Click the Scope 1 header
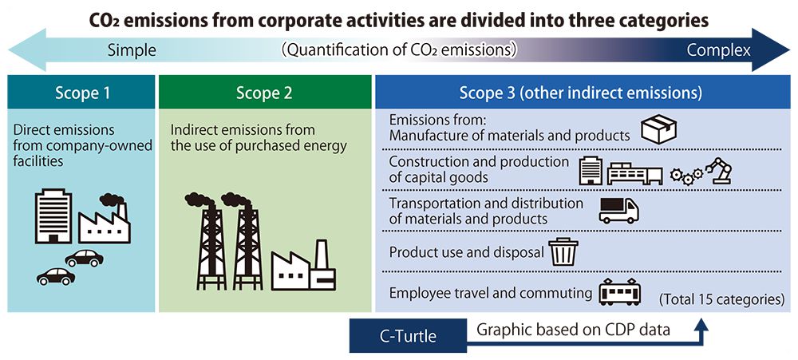pos(82,93)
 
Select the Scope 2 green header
pos(264,93)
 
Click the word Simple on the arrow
pos(132,52)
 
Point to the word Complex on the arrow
pos(718,52)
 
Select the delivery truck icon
pos(618,211)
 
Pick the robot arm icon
pos(718,171)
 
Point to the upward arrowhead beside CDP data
pos(701,326)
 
